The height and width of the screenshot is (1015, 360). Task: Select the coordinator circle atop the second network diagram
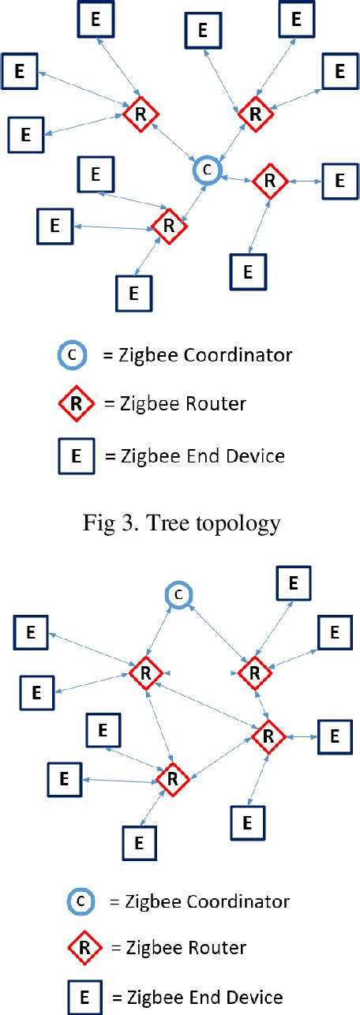click(x=178, y=595)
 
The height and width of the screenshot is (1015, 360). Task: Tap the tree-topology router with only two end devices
click(x=269, y=182)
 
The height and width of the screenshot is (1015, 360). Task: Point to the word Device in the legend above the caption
click(x=257, y=455)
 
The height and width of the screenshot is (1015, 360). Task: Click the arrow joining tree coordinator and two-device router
click(x=237, y=178)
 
